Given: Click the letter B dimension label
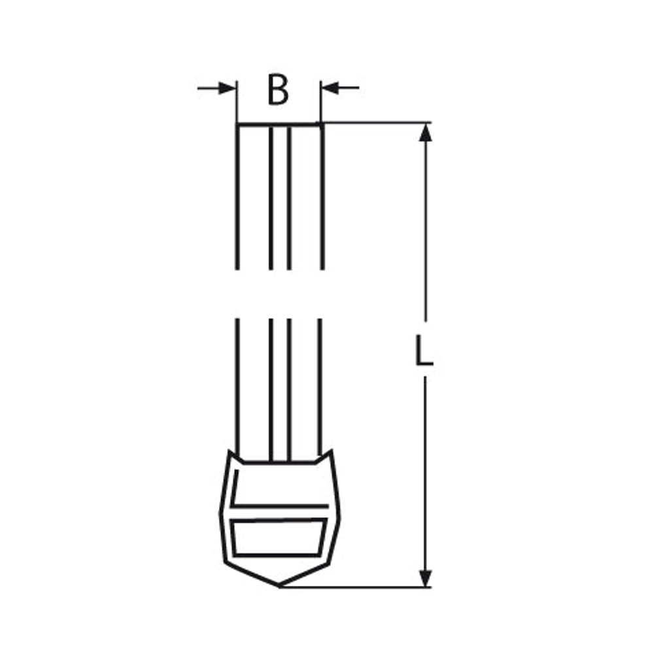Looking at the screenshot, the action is [x=278, y=90].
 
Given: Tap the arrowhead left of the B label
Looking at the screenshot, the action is [x=227, y=88].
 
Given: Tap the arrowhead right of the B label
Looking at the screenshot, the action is [x=330, y=88].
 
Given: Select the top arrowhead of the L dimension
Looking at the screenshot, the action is [x=425, y=132].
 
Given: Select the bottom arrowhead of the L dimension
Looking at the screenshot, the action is [x=425, y=578].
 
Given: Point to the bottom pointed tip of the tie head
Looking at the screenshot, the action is [x=279, y=586].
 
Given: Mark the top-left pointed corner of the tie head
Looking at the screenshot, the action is [x=230, y=451].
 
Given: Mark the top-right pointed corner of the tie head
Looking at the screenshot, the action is [x=332, y=451].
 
